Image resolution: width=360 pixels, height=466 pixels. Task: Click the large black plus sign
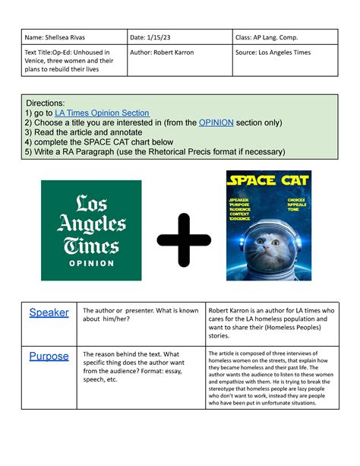pyautogui.click(x=184, y=230)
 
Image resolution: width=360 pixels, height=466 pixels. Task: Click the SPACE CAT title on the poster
pyautogui.click(x=267, y=182)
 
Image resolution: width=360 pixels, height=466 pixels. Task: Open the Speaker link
pyautogui.click(x=49, y=312)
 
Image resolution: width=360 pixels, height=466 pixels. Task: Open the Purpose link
pyautogui.click(x=49, y=356)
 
